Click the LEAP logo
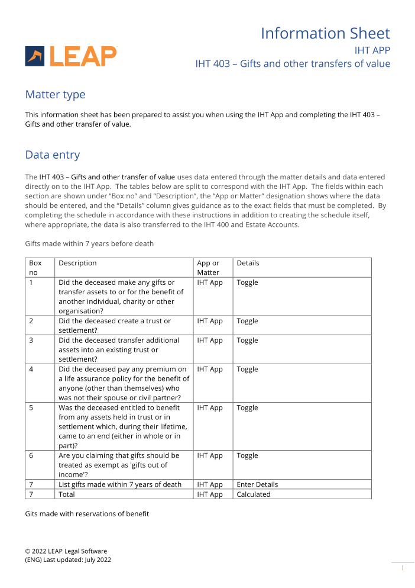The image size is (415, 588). [71, 56]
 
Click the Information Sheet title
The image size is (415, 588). [325, 33]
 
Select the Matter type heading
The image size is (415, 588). [55, 95]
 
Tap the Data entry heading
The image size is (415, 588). [52, 155]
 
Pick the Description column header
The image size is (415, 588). [77, 263]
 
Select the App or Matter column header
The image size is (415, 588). [208, 268]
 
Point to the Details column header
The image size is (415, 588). [248, 263]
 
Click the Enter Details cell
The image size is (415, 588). [257, 484]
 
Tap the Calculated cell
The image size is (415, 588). [254, 494]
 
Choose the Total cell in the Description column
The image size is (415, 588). [67, 494]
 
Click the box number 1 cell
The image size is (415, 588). [31, 282]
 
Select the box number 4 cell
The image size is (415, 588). [31, 369]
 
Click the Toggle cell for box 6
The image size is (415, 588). [247, 455]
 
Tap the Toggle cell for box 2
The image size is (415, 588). [247, 321]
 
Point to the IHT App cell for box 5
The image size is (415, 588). [210, 407]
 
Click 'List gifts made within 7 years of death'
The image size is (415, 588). [120, 484]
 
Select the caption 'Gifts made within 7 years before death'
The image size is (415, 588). [89, 243]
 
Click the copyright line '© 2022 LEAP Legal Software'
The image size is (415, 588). [66, 551]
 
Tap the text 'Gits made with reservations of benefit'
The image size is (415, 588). [87, 514]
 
